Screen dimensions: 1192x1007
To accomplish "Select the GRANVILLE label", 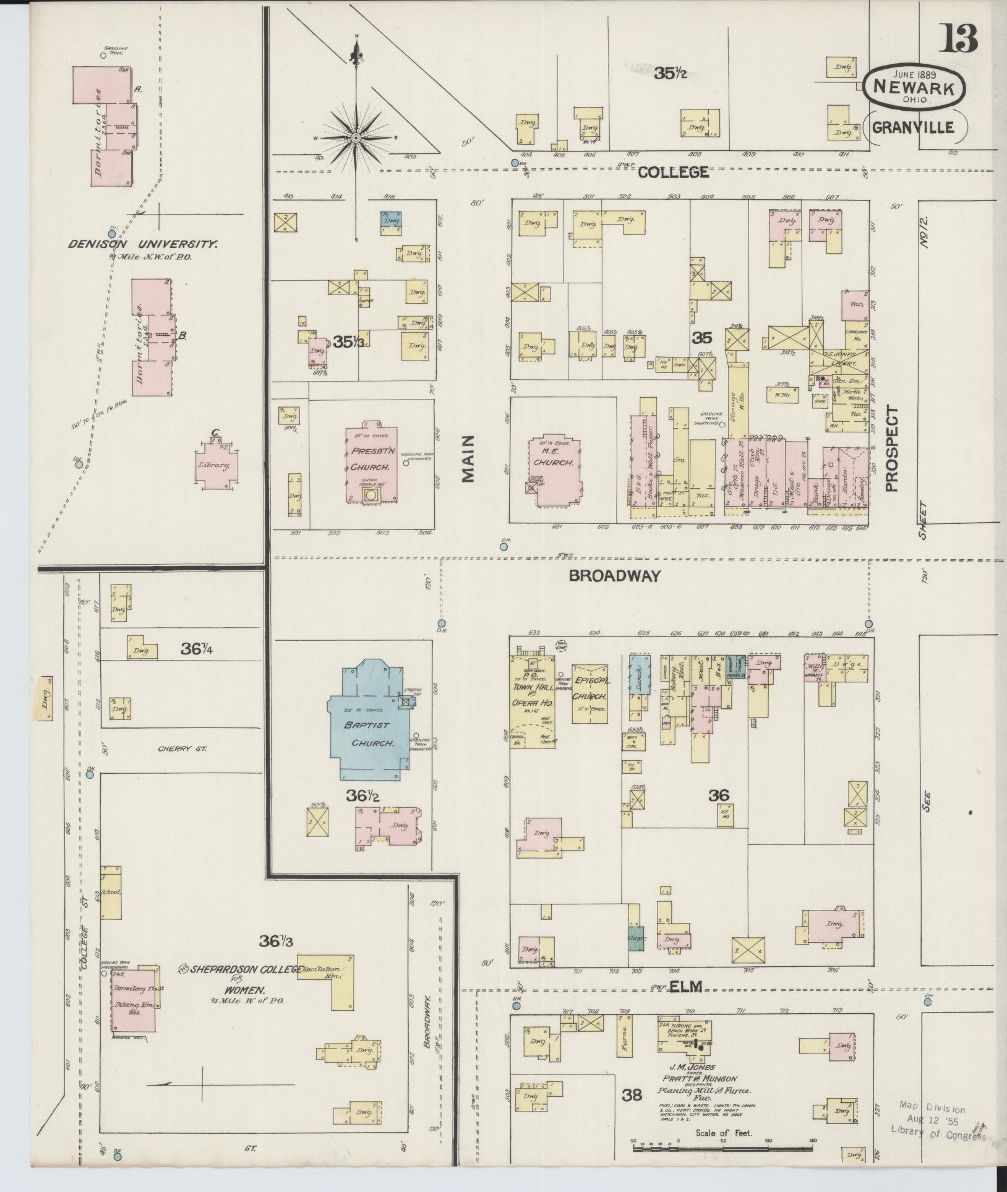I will tap(913, 127).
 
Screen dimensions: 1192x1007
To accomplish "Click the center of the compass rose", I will tap(356, 138).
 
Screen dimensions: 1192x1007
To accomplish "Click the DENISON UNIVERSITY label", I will tap(143, 244).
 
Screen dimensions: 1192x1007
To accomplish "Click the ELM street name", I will tap(687, 988).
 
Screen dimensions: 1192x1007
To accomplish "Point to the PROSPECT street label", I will tap(891, 448).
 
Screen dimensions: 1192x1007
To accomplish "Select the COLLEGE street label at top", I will tap(673, 172).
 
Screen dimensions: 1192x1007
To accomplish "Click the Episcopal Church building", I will tap(590, 693).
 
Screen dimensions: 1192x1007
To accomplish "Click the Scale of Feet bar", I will tap(722, 1149).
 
